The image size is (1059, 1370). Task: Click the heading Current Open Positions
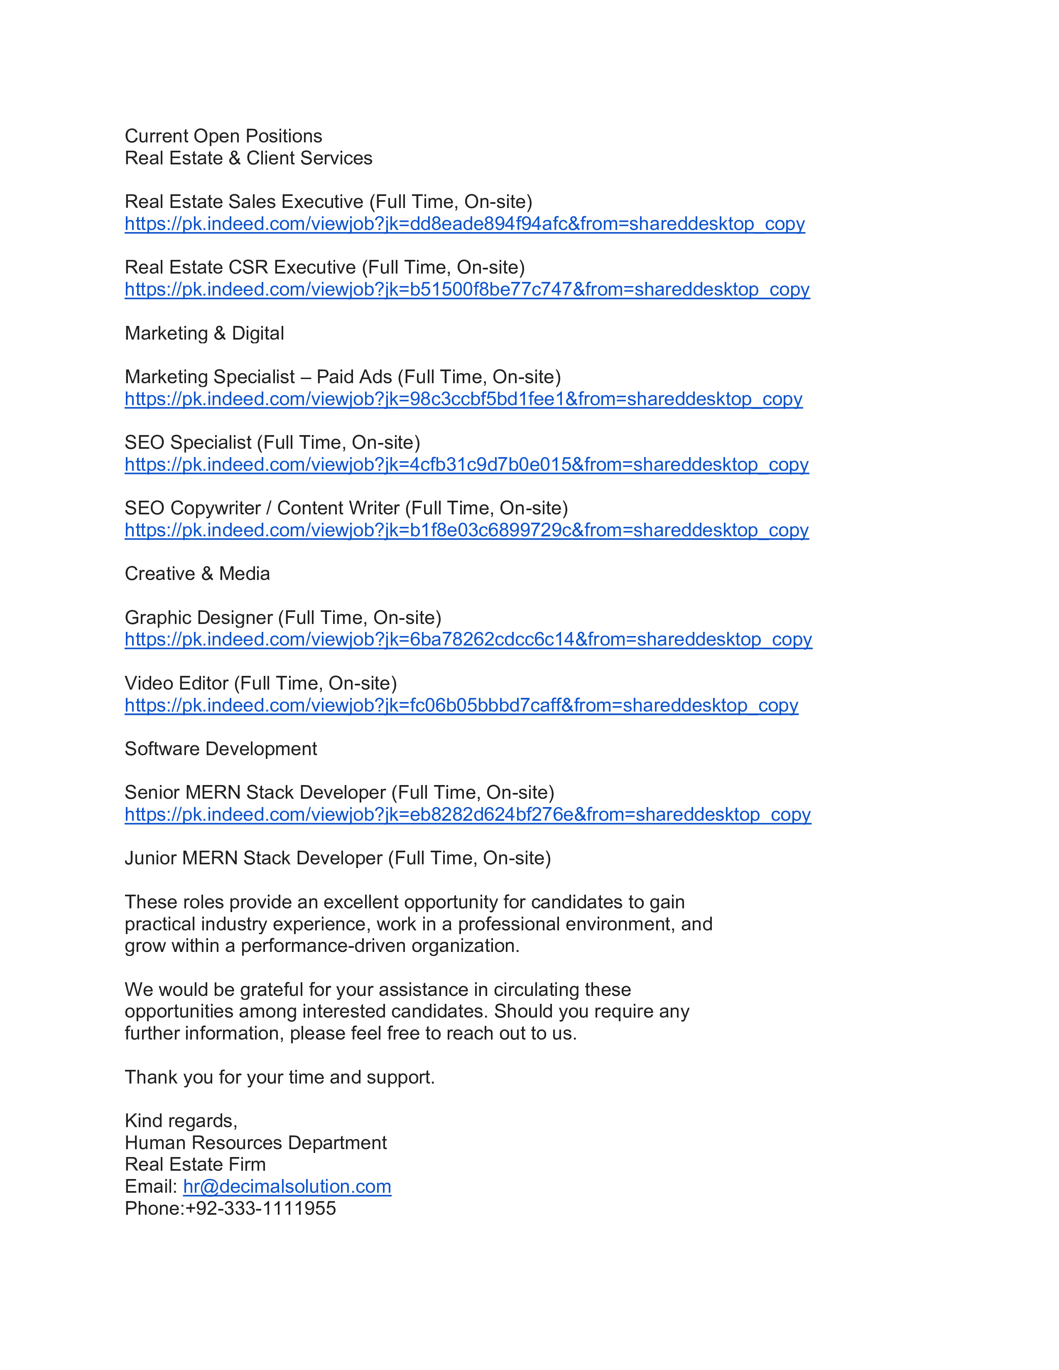223,136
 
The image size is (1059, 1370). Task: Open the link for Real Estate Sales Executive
464,224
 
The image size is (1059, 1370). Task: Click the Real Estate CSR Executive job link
467,289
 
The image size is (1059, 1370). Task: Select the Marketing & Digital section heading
204,333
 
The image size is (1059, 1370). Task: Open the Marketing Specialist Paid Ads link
463,399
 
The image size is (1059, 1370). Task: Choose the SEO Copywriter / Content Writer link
466,530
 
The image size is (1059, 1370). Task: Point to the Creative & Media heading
197,573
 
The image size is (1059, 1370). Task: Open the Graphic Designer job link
468,639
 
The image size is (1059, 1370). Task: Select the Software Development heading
221,749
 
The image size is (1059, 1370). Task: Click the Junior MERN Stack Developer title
338,858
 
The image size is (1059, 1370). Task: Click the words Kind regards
181,1120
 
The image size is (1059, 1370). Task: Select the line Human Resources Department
255,1142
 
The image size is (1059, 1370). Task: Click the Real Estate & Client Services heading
248,158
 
